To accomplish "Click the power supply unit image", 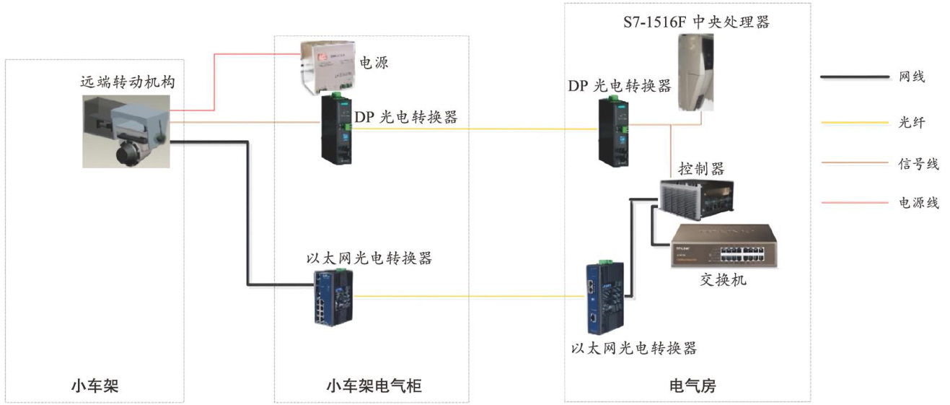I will tap(330, 68).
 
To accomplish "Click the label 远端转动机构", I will tap(127, 82).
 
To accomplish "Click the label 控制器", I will tap(701, 169).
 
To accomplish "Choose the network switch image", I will tap(721, 246).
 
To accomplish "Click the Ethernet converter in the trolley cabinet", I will tap(333, 297).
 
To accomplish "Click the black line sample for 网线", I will tap(855, 77).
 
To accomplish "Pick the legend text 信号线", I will tap(918, 164).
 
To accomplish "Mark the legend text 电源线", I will tap(918, 203).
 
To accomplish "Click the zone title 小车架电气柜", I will tap(371, 387).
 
